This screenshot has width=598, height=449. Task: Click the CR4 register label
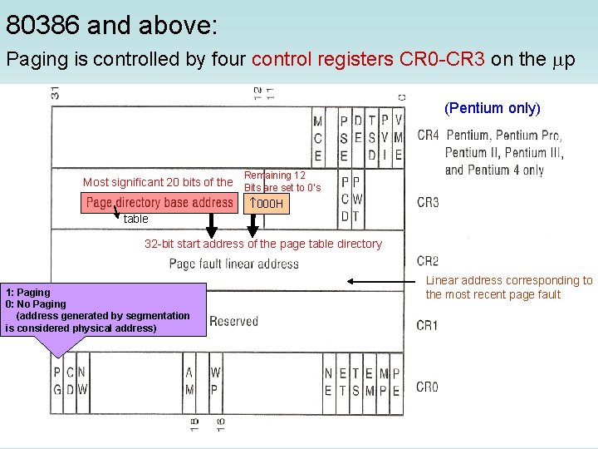(x=429, y=136)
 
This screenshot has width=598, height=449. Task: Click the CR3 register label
(x=428, y=202)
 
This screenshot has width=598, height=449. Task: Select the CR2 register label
(x=428, y=261)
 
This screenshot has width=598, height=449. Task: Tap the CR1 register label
(x=428, y=324)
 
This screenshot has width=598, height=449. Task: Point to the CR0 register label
(x=428, y=387)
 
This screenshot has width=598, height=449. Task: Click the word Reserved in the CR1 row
(x=233, y=321)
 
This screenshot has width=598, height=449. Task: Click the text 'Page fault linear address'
(x=233, y=264)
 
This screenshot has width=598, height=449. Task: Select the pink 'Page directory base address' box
(x=159, y=203)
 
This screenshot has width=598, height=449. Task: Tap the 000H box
(x=268, y=204)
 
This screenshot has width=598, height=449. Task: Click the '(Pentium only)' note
(x=493, y=108)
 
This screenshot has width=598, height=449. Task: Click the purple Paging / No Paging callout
(x=104, y=309)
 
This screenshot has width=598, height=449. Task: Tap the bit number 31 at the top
(x=55, y=93)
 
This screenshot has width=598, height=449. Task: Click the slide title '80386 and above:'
(x=111, y=26)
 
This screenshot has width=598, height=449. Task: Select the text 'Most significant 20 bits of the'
(x=158, y=182)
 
